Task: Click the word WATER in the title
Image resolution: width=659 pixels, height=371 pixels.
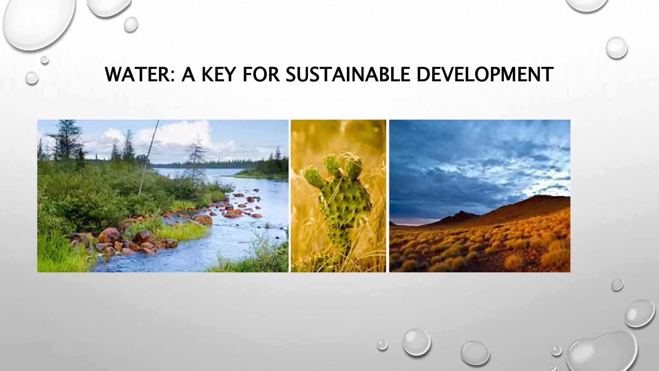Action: pyautogui.click(x=137, y=74)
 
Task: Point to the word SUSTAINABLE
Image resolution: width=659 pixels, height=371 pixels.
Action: pyautogui.click(x=348, y=74)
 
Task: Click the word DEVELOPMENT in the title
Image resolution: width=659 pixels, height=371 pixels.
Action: pyautogui.click(x=485, y=74)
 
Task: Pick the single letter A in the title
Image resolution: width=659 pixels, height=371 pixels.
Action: pyautogui.click(x=188, y=74)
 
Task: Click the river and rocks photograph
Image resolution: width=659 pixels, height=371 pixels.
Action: pyautogui.click(x=163, y=196)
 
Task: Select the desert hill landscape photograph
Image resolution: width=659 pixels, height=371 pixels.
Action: pyautogui.click(x=479, y=196)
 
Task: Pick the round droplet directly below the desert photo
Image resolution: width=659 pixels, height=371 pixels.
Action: pyautogui.click(x=617, y=285)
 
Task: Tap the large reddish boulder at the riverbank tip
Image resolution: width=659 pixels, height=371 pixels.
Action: pyautogui.click(x=203, y=220)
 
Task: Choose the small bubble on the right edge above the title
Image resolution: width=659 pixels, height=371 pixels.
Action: pyautogui.click(x=617, y=48)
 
